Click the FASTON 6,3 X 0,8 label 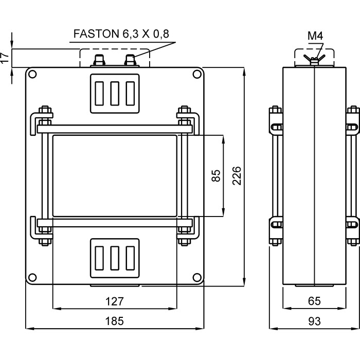[x=121, y=34]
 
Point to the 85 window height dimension [x=216, y=175]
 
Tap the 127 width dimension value [x=114, y=300]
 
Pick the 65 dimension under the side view [x=314, y=300]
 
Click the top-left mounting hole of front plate [x=32, y=75]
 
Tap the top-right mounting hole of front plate [x=196, y=75]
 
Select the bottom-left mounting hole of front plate [x=32, y=276]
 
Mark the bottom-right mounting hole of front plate [x=196, y=276]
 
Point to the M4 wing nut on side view [x=314, y=59]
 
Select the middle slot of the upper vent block [x=114, y=93]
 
